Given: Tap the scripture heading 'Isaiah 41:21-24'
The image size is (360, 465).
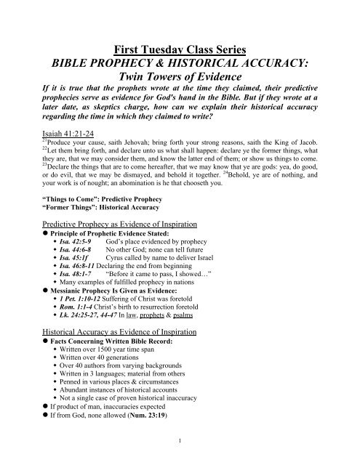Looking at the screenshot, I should (x=47, y=113).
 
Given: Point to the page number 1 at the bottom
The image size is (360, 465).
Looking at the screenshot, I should (x=180, y=455).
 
